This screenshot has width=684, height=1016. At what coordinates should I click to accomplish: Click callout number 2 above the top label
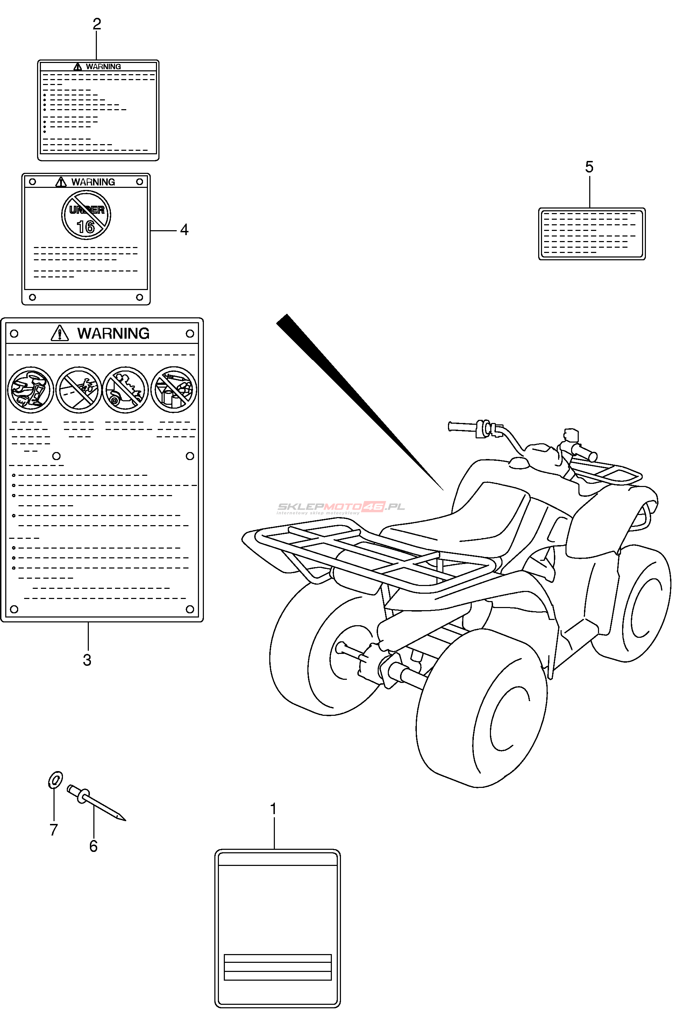pyautogui.click(x=97, y=23)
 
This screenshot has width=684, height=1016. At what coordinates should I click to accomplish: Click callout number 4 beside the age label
pyautogui.click(x=184, y=230)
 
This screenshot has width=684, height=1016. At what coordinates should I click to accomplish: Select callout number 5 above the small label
pyautogui.click(x=589, y=167)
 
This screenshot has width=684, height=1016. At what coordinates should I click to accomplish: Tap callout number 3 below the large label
pyautogui.click(x=87, y=660)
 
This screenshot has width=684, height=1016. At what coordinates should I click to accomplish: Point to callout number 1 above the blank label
pyautogui.click(x=273, y=809)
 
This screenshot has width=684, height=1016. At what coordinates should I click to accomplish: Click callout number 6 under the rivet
pyautogui.click(x=93, y=846)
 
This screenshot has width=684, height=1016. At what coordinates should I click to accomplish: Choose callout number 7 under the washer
pyautogui.click(x=54, y=830)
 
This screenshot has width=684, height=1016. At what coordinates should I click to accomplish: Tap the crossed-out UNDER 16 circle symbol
pyautogui.click(x=86, y=215)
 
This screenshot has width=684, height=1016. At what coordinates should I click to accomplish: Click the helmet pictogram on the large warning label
pyautogui.click(x=30, y=390)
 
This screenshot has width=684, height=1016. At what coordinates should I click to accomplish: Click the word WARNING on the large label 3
pyautogui.click(x=113, y=333)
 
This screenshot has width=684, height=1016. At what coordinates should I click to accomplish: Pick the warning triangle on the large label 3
pyautogui.click(x=60, y=333)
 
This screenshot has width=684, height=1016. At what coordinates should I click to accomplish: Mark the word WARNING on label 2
pyautogui.click(x=104, y=67)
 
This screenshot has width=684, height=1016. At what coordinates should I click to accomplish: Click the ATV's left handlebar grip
pyautogui.click(x=462, y=426)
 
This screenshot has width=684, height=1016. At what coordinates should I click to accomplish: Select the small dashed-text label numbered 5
pyautogui.click(x=592, y=234)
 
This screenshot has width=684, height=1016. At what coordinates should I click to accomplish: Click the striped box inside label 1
pyautogui.click(x=277, y=967)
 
